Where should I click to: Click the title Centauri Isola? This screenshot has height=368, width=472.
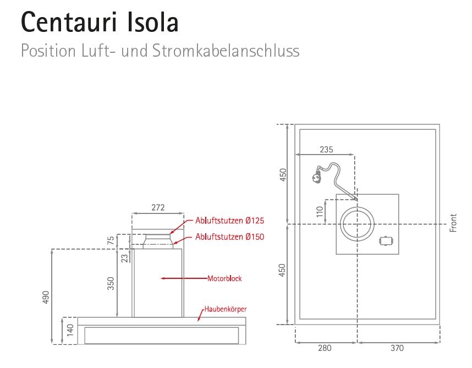coord(100,22)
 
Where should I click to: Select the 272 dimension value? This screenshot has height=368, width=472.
coord(157,208)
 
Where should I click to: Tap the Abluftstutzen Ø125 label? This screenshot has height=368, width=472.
coord(230,221)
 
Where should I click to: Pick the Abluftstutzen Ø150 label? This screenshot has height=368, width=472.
coord(230,237)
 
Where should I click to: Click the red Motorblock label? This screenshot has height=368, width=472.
coord(224,278)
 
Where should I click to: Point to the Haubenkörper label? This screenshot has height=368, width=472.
coord(222,310)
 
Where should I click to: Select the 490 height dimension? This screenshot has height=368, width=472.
coord(46,297)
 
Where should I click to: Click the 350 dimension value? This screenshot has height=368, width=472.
coord(111,283)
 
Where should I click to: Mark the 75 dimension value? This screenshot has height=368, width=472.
coord(111,240)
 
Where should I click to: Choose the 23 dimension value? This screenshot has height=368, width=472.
coord(124,256)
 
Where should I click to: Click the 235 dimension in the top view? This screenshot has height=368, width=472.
coord(326,149)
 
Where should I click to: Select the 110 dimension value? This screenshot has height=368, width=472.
coord(320,212)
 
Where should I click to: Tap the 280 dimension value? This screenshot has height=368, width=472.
coord(325,348)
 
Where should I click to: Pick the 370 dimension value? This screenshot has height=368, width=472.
coord(397,348)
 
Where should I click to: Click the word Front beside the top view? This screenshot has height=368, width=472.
coord(454,223)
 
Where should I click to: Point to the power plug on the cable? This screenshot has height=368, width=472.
coord(316,178)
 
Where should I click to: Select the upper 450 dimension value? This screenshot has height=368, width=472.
coord(283,175)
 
